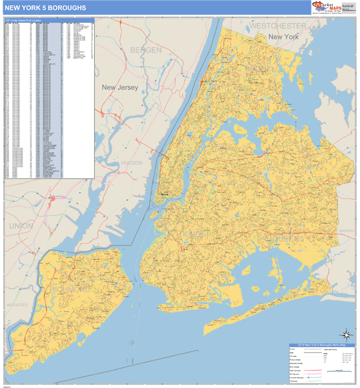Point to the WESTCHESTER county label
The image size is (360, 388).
(278, 25)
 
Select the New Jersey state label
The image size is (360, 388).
(120, 87)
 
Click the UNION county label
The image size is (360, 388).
(21, 225)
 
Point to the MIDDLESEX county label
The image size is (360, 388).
(14, 301)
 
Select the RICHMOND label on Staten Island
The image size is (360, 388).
(72, 288)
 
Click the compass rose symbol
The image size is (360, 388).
(346, 334)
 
